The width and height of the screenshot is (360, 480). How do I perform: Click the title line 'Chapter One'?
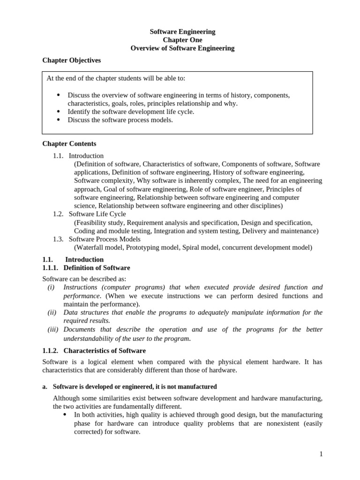pos(182,40)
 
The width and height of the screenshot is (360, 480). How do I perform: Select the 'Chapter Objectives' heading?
pos(71,60)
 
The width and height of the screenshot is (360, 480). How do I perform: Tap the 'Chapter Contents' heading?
pos(69,144)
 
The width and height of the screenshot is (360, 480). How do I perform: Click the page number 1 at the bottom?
pos(321,454)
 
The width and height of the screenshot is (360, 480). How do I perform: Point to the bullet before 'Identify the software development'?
pos(59,112)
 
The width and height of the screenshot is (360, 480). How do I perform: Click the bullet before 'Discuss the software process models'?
pos(59,120)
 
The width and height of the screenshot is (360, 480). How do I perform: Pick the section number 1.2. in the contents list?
pos(58,214)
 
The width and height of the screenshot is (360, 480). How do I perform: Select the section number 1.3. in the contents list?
pos(58,239)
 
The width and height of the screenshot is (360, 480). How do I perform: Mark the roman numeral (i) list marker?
pos(51,287)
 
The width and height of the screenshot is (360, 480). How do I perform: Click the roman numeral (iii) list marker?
pos(52,330)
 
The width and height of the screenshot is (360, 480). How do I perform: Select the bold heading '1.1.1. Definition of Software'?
pos(86,268)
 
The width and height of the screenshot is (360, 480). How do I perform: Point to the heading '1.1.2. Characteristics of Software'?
pos(94,351)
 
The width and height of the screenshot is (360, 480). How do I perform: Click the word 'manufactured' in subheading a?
pos(196,387)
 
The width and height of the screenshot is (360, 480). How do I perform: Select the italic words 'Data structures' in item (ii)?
pos(86,313)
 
